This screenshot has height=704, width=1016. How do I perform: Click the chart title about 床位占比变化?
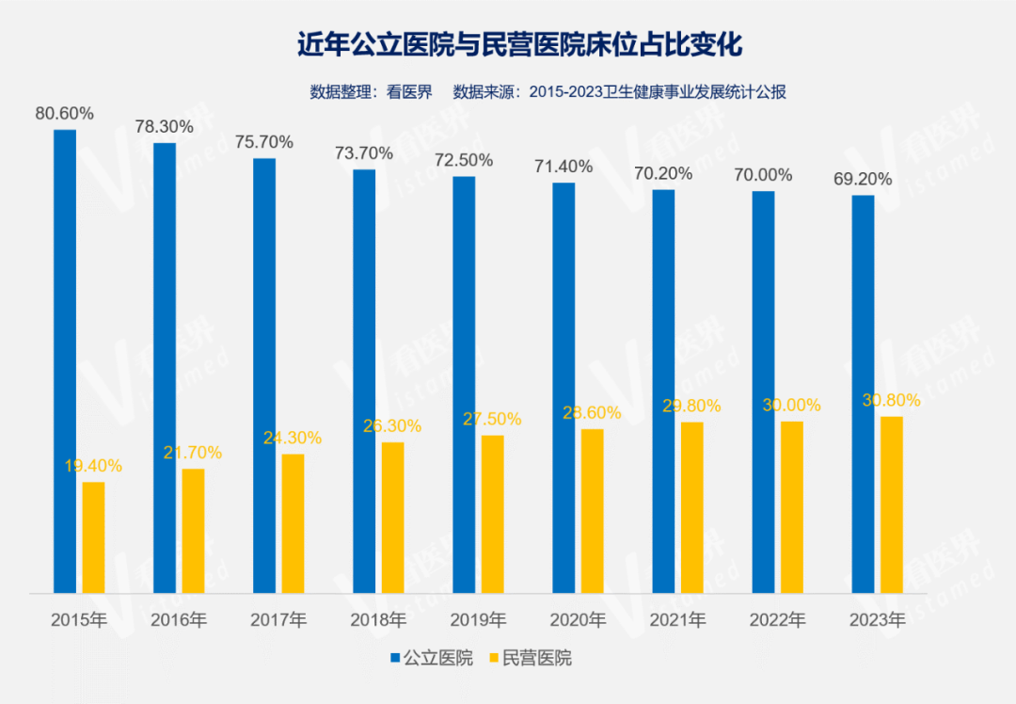pyautogui.click(x=507, y=44)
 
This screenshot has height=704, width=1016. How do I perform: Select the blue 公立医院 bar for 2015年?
pyautogui.click(x=65, y=361)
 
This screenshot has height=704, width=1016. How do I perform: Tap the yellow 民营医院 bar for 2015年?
pyautogui.click(x=93, y=537)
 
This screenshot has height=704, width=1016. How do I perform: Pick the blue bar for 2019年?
pyautogui.click(x=464, y=385)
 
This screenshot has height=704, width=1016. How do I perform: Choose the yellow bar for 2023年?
pyautogui.click(x=891, y=504)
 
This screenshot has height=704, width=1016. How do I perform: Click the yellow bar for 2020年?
pyautogui.click(x=592, y=511)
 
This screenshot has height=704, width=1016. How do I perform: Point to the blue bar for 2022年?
pyautogui.click(x=763, y=392)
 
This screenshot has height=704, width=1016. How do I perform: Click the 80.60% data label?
pyautogui.click(x=65, y=114)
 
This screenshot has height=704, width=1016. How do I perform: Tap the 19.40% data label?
pyautogui.click(x=93, y=466)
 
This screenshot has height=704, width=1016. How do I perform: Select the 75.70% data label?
pyautogui.click(x=264, y=142)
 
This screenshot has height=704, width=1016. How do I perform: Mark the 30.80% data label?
pyautogui.click(x=891, y=400)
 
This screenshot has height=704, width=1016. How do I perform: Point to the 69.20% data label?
pyautogui.click(x=863, y=180)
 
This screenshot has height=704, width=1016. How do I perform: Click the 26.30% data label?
pyautogui.click(x=392, y=425)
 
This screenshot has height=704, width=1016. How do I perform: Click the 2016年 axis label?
pyautogui.click(x=179, y=620)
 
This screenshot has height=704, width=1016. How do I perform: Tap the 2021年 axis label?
pyautogui.click(x=677, y=620)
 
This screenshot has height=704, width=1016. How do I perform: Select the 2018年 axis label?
pyautogui.click(x=378, y=620)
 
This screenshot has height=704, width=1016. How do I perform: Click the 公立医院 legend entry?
pyautogui.click(x=431, y=658)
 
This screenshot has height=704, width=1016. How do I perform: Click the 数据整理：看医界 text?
pyautogui.click(x=371, y=91)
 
